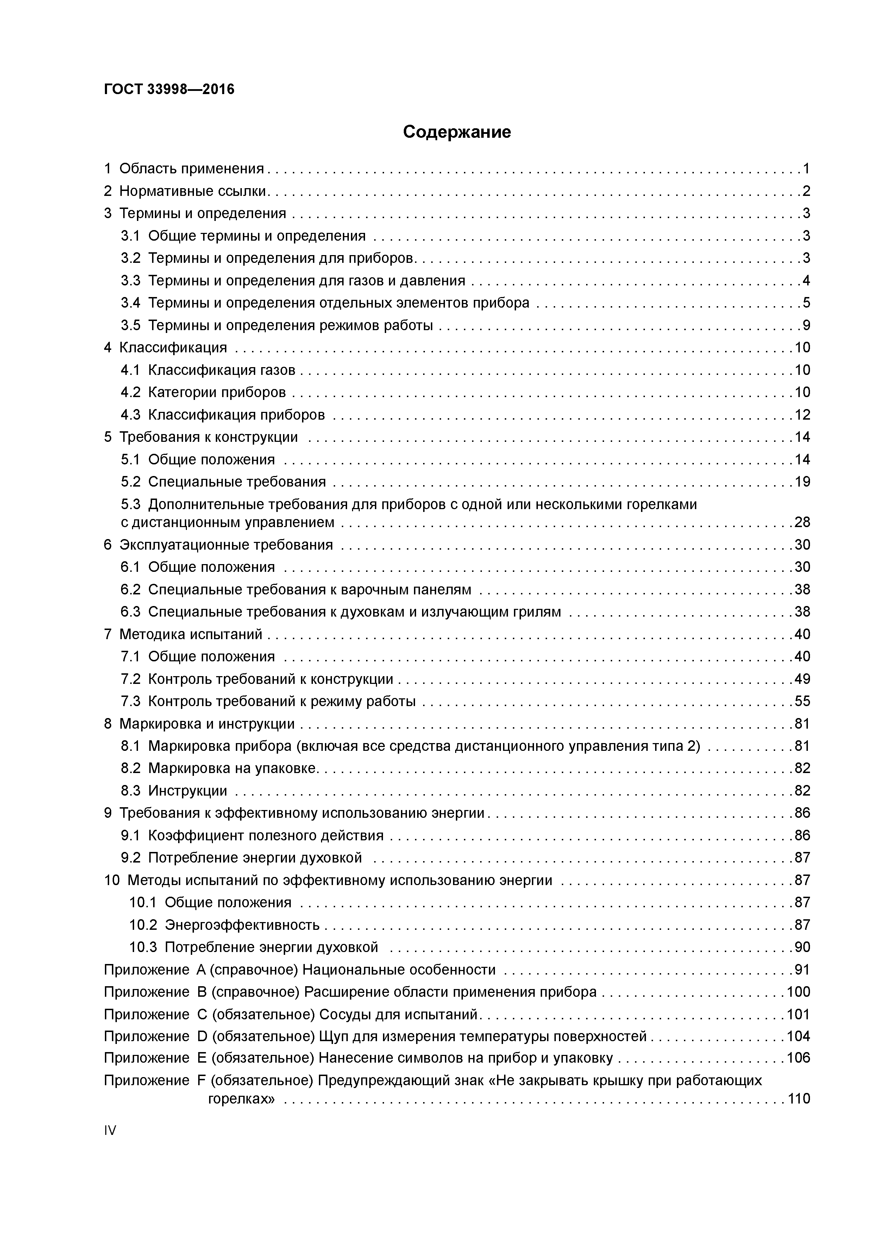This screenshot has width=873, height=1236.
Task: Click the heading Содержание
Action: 457,132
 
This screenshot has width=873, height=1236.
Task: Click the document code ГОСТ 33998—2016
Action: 169,89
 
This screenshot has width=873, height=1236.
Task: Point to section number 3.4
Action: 130,303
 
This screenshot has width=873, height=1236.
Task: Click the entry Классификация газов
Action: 222,370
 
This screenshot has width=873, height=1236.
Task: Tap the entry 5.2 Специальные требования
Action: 223,482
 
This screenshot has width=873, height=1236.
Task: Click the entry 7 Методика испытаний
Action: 183,635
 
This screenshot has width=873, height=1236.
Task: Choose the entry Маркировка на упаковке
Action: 232,768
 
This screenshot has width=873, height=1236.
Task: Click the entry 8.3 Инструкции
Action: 174,791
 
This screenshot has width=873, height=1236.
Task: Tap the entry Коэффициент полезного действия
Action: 266,835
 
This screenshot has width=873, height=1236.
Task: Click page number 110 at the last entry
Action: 798,1099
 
